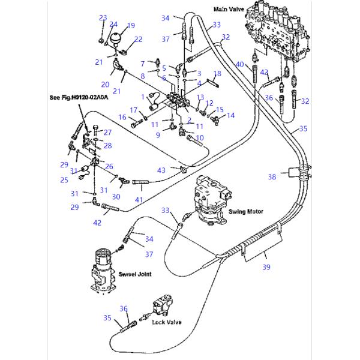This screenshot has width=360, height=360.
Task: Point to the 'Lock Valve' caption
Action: point(167,322)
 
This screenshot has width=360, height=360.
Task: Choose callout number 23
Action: point(103,18)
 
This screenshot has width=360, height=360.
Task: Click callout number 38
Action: point(272,177)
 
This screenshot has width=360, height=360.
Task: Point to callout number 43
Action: point(161,171)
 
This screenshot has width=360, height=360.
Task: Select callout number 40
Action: point(239,64)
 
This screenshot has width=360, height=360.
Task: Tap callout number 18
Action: point(217,73)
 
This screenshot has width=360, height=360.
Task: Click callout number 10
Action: point(200,137)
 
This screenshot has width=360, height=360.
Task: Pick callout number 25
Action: point(64,179)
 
